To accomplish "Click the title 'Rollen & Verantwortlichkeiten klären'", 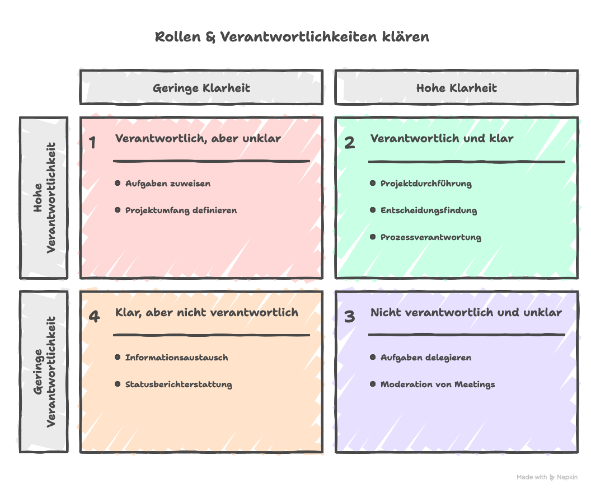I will pyautogui.click(x=292, y=37).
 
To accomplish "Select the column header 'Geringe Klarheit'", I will pyautogui.click(x=201, y=88).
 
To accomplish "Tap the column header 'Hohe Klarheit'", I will pyautogui.click(x=456, y=88).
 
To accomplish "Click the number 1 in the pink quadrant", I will pyautogui.click(x=93, y=143).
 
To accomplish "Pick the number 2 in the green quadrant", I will pyautogui.click(x=349, y=143).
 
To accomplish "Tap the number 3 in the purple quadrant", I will pyautogui.click(x=349, y=317).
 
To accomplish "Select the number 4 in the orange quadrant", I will pyautogui.click(x=94, y=317).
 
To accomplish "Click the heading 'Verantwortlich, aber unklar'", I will pyautogui.click(x=198, y=138).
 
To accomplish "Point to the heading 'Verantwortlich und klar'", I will pyautogui.click(x=442, y=138).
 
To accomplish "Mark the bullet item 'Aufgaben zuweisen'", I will pyautogui.click(x=168, y=184).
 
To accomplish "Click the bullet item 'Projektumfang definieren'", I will pyautogui.click(x=181, y=210).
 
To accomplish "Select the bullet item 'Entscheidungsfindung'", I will pyautogui.click(x=429, y=210).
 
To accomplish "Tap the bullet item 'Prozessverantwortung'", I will pyautogui.click(x=430, y=237).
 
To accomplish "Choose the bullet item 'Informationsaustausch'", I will pyautogui.click(x=176, y=358).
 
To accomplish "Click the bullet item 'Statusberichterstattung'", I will pyautogui.click(x=179, y=384).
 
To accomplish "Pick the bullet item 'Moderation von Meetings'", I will pyautogui.click(x=438, y=384).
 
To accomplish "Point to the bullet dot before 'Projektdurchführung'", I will pyautogui.click(x=373, y=183).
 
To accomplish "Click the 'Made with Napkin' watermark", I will pyautogui.click(x=547, y=477).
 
